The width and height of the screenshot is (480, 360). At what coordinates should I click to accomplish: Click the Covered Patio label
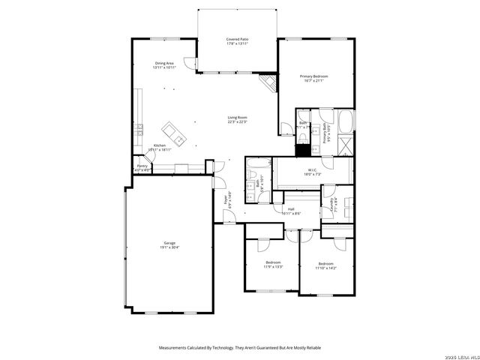click(x=237, y=41)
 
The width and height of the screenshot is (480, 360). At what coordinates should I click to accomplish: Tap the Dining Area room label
click(x=164, y=65)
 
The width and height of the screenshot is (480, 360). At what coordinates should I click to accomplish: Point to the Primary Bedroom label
click(x=315, y=78)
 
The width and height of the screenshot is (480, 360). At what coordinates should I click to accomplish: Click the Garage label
click(x=169, y=244)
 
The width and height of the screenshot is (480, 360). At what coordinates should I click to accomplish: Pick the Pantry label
click(x=142, y=168)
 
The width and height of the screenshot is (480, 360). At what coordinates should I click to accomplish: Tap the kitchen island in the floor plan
click(x=178, y=135)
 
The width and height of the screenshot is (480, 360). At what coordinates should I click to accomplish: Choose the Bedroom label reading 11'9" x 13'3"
click(x=272, y=264)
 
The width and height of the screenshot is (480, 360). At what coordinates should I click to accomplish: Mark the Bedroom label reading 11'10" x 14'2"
click(x=325, y=265)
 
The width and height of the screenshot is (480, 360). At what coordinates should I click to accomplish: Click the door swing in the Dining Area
click(x=190, y=65)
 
